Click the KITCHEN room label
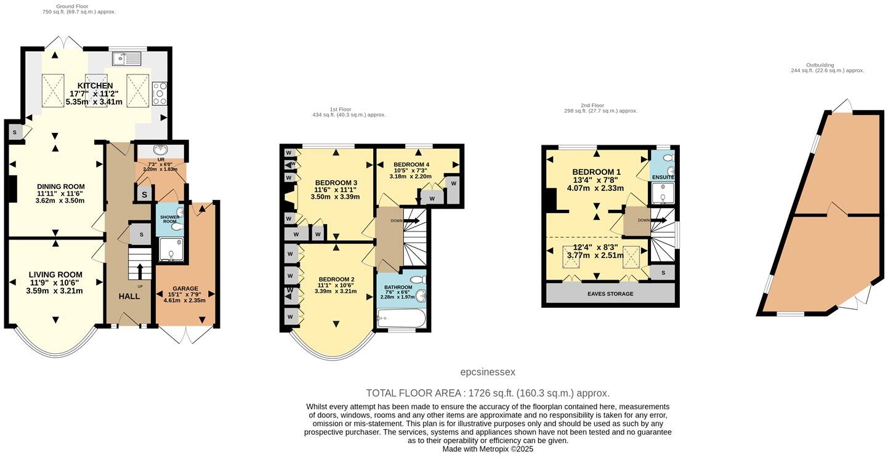coord(95,86)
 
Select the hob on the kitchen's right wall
coord(159,93)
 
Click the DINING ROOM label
coord(60,187)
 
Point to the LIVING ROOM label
coord(55,275)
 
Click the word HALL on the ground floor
coord(129,296)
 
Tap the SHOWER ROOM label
coord(169,219)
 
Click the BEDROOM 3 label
coord(336,183)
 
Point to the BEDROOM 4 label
coord(412,164)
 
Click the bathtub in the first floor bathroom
coord(400,319)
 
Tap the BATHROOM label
coord(398,287)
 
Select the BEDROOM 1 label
coord(596,172)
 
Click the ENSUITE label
coord(663,177)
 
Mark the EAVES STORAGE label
coord(610,294)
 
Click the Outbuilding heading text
coord(820,65)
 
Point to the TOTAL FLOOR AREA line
coord(487,393)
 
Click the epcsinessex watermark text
coord(487,372)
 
